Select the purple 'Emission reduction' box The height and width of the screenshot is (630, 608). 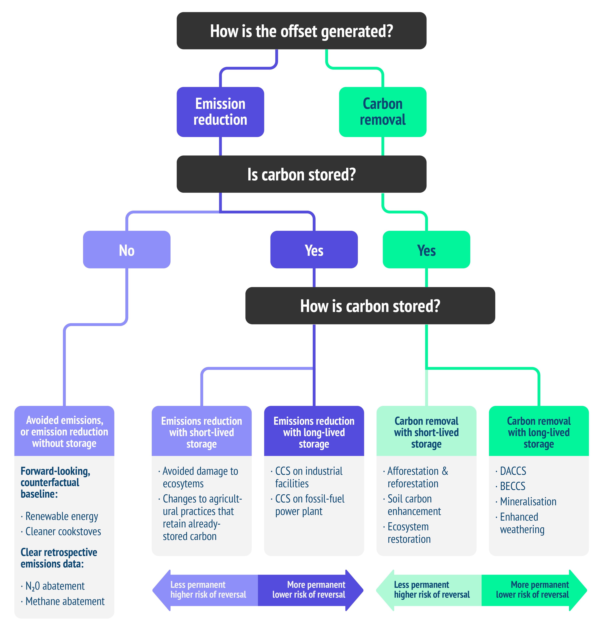[x=220, y=112]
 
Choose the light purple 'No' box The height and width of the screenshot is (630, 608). [x=127, y=250]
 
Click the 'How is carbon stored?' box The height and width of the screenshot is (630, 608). [x=370, y=306]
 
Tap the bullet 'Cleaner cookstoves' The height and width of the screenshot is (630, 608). [x=63, y=532]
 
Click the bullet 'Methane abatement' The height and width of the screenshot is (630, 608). [x=65, y=601]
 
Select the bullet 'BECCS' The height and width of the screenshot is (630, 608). [x=512, y=486]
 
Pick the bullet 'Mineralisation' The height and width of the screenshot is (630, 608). [x=528, y=501]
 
